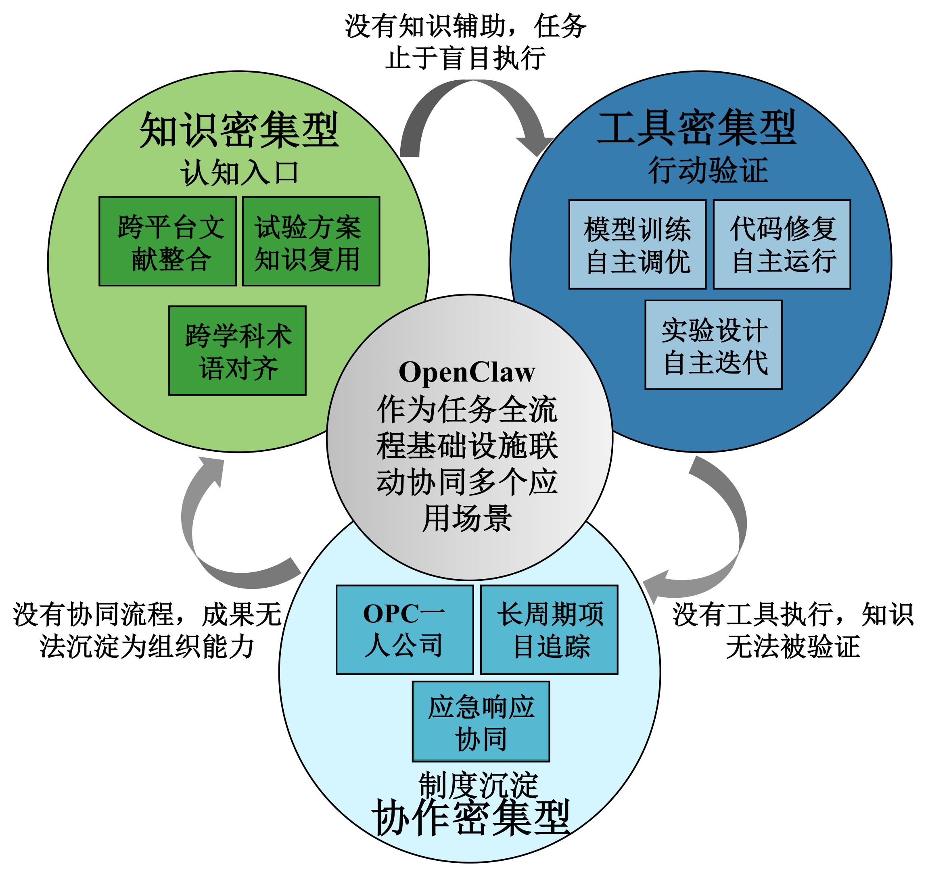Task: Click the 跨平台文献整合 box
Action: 168,241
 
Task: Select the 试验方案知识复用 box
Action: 311,241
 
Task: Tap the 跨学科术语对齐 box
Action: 237,351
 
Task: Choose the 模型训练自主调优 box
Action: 637,244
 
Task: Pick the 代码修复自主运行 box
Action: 782,244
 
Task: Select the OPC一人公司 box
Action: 404,630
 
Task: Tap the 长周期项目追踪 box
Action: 549,630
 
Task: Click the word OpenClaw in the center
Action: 467,373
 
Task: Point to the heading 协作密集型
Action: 470,818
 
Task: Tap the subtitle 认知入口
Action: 238,172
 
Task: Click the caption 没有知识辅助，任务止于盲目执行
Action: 465,42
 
